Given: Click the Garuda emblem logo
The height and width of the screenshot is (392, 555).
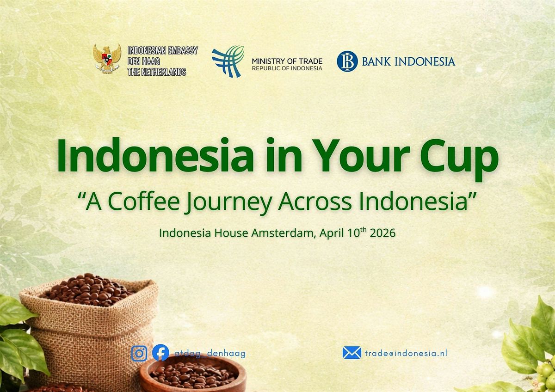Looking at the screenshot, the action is (107, 59).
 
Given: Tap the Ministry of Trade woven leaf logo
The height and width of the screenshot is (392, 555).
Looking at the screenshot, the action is (228, 61).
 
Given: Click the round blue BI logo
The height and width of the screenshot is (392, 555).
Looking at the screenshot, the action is (347, 61).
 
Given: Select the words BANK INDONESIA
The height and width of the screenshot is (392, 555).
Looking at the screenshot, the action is (408, 61).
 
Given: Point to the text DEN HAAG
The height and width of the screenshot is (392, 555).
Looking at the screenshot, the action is (144, 61).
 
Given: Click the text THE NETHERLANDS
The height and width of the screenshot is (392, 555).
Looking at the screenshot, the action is (157, 72).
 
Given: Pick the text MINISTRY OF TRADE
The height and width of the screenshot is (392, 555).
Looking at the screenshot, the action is (287, 61).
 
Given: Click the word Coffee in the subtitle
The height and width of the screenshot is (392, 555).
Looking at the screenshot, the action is (143, 201).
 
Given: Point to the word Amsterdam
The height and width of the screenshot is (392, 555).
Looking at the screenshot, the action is (284, 233).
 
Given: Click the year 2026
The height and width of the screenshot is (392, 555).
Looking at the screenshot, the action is (382, 233).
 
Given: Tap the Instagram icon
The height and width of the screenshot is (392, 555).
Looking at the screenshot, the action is (139, 353).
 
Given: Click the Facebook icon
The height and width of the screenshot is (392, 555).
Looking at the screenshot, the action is (160, 353).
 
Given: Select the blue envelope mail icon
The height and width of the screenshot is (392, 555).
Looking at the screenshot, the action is (352, 353).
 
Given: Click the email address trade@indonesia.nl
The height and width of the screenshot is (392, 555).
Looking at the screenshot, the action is (406, 353).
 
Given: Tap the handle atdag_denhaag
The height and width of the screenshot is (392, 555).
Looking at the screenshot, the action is (210, 353).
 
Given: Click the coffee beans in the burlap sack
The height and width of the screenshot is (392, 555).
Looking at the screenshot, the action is (87, 290).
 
